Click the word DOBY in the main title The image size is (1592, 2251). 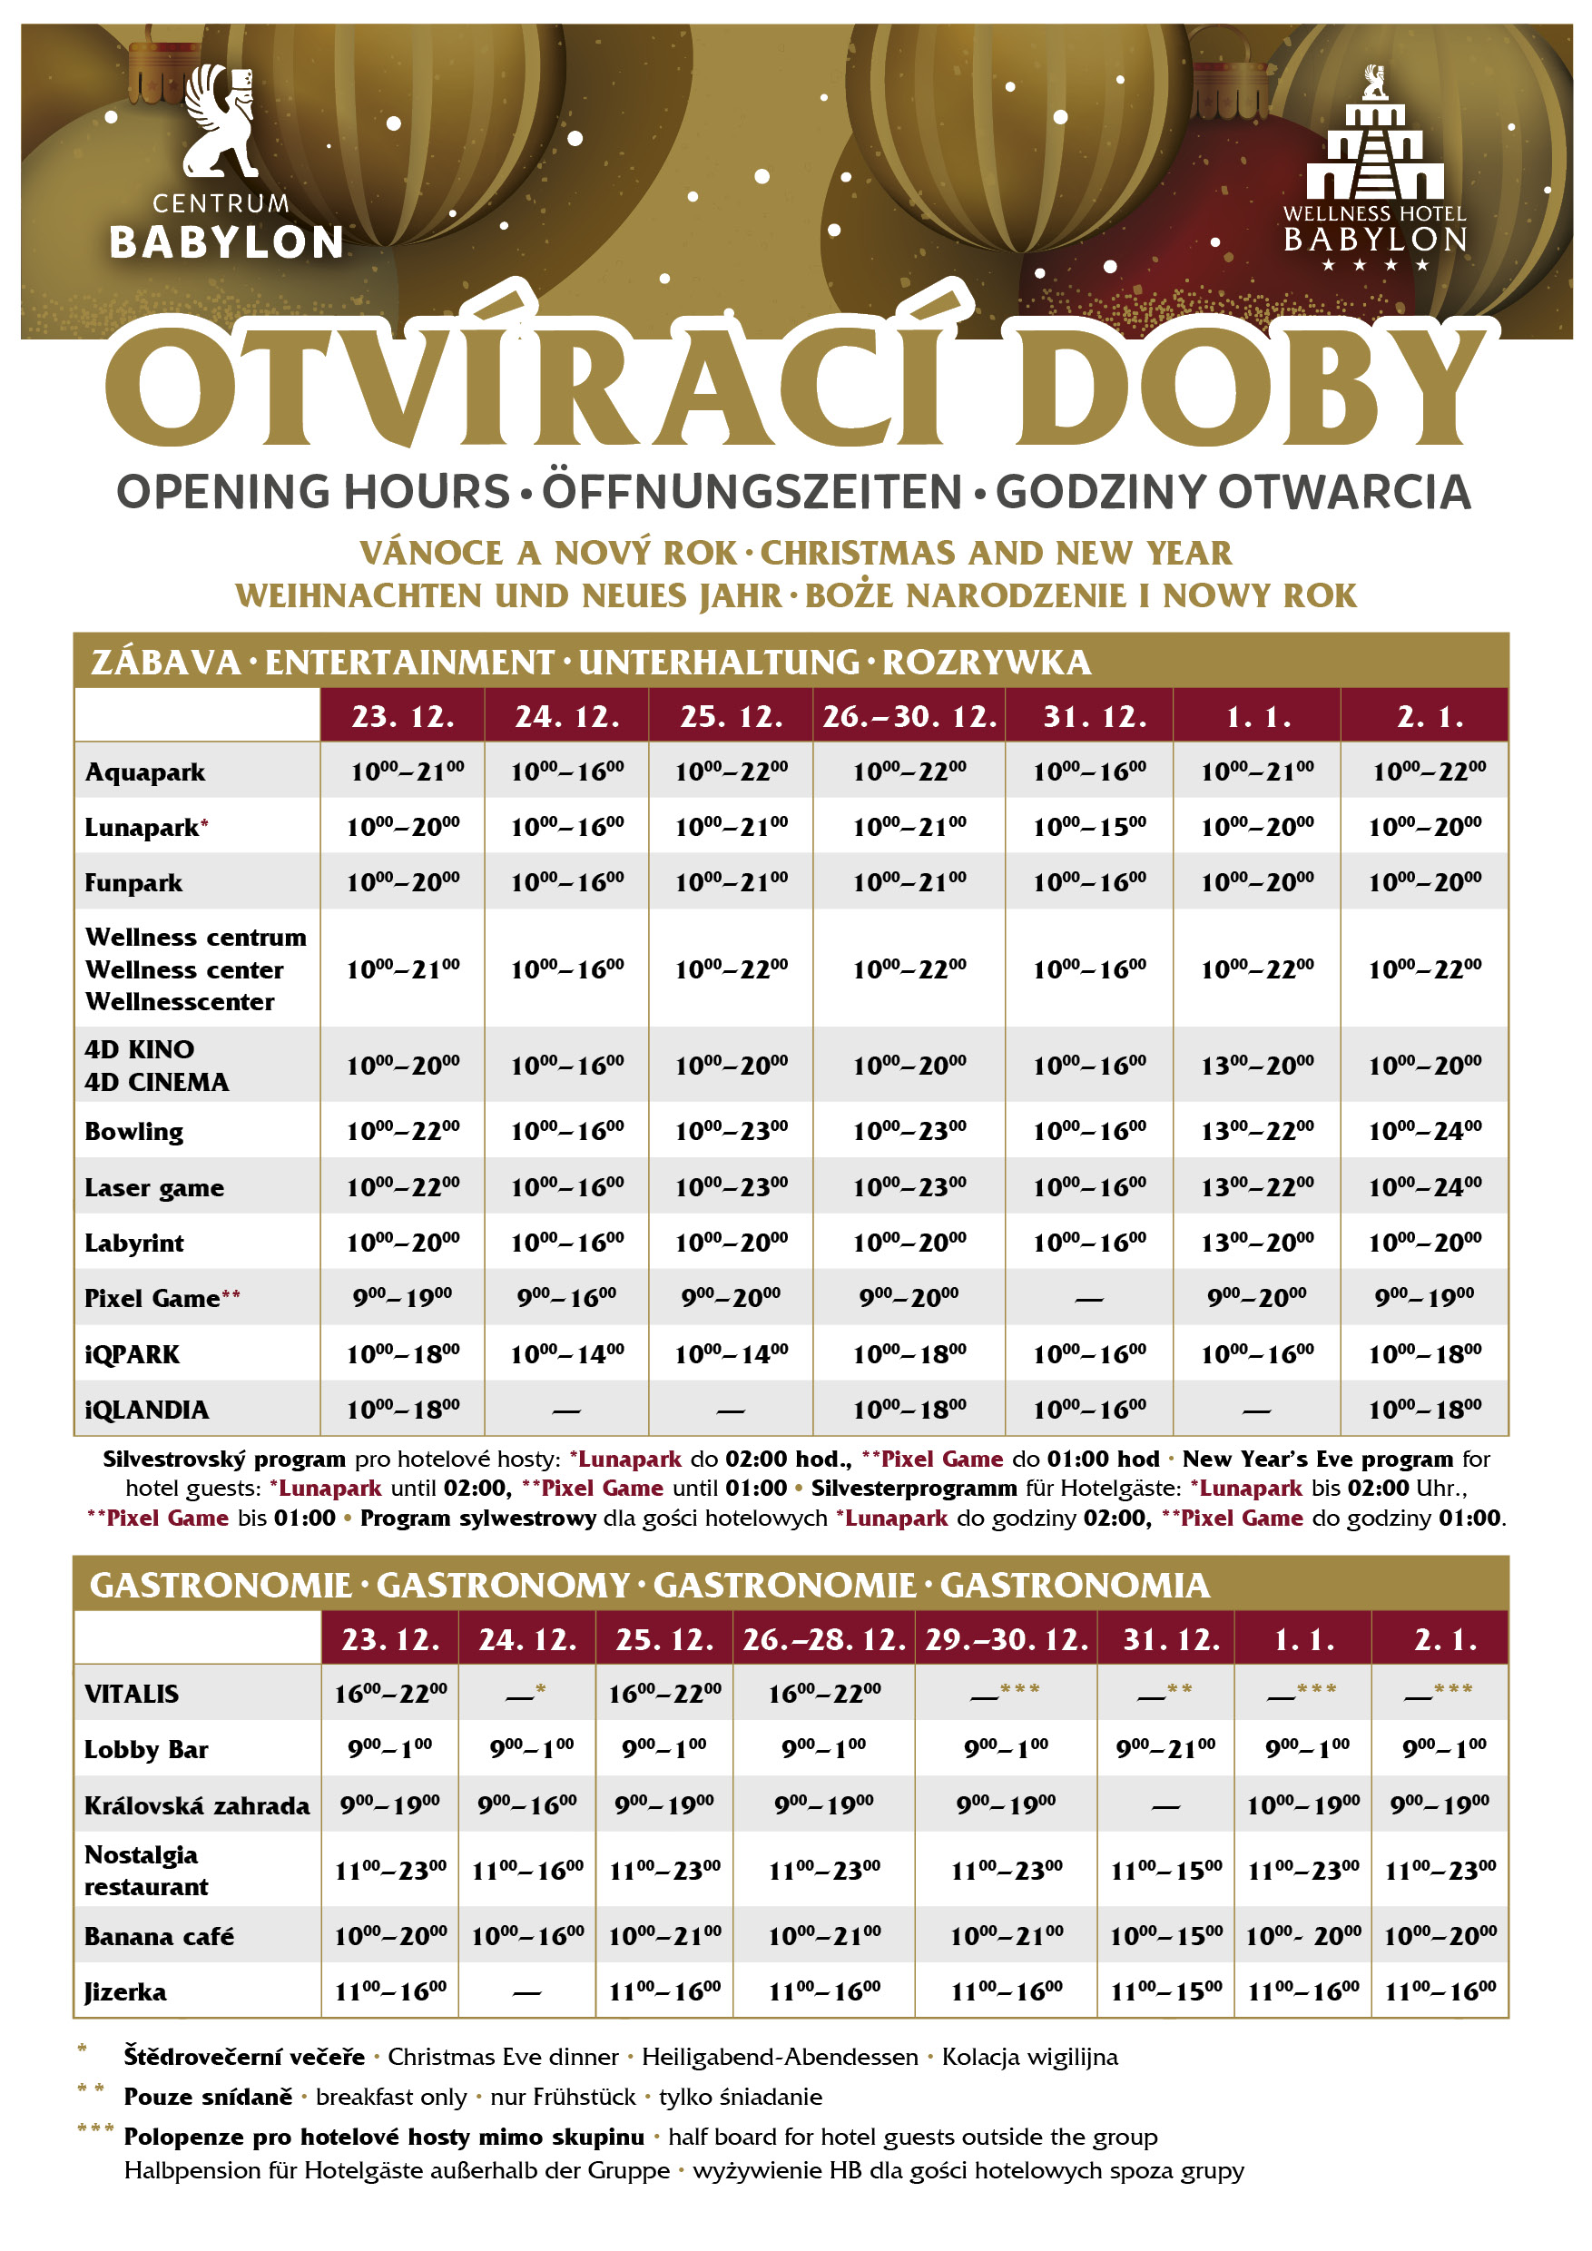[1251, 388]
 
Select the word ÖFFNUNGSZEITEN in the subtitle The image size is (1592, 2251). [752, 492]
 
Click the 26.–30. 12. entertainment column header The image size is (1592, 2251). [909, 717]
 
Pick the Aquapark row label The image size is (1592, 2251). [145, 772]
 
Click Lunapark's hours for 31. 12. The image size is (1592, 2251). [1089, 828]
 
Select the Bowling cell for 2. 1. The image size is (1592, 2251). [1424, 1131]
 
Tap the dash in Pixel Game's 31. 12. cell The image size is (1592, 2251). [1088, 1300]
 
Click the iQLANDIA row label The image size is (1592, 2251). [147, 1410]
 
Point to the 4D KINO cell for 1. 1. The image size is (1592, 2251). [1257, 1065]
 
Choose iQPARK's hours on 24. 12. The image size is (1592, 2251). [566, 1354]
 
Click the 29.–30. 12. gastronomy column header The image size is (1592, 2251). [1006, 1639]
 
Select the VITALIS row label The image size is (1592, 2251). [132, 1694]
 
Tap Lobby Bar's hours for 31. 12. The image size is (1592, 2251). [1165, 1748]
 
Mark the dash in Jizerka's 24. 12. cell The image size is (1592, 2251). [526, 1993]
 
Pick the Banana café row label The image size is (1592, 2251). [159, 1936]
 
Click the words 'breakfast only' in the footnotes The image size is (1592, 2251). [391, 2097]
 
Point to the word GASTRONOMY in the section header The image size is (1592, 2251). [503, 1586]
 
